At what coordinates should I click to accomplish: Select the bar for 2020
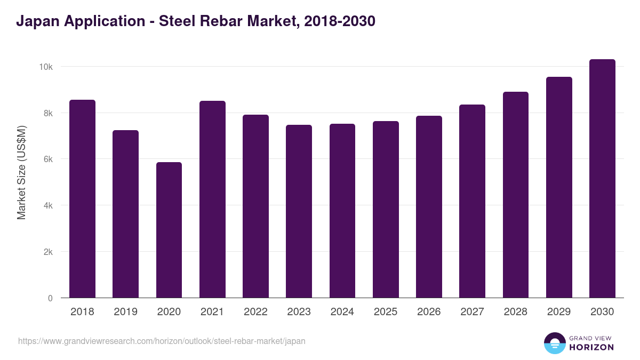[169, 230]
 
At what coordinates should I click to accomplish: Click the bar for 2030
[602, 179]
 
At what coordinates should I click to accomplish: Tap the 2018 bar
[82, 199]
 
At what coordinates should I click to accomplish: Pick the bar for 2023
[299, 211]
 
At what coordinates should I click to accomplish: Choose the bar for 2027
[472, 201]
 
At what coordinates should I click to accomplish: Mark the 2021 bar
[212, 199]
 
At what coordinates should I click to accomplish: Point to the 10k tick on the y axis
[45, 67]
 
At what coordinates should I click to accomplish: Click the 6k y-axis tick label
[47, 159]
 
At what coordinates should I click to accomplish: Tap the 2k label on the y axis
[47, 252]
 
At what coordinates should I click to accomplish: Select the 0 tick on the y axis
[50, 298]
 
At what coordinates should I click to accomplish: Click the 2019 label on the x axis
[125, 312]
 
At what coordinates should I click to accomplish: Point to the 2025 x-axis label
[386, 312]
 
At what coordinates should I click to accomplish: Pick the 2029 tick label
[559, 312]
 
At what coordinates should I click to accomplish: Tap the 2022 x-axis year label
[255, 312]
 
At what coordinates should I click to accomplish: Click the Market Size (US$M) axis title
[21, 172]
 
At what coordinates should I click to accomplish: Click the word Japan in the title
[37, 21]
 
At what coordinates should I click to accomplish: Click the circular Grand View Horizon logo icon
[554, 343]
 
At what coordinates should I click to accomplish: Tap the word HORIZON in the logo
[591, 347]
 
